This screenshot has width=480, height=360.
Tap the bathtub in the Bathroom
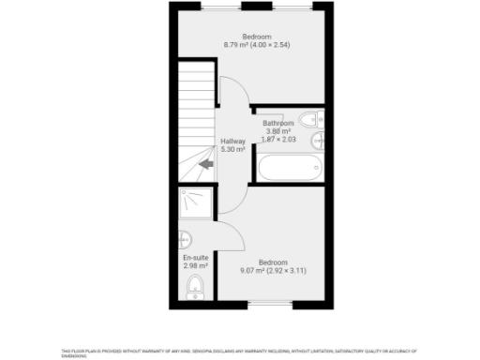pyautogui.click(x=290, y=168)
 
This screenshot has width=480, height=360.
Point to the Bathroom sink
pyautogui.click(x=318, y=140)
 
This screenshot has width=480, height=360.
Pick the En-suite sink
pyautogui.click(x=186, y=237)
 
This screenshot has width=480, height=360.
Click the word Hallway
pyautogui.click(x=232, y=141)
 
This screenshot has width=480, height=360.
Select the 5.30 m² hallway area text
pyautogui.click(x=232, y=149)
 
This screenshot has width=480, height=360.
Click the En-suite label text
pyautogui.click(x=195, y=258)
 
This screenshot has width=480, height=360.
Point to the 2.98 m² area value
pyautogui.click(x=195, y=266)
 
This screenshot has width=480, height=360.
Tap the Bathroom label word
pyautogui.click(x=278, y=123)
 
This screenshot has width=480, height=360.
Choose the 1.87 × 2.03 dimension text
pyautogui.click(x=278, y=140)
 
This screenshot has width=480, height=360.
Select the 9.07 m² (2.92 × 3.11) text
pyautogui.click(x=273, y=271)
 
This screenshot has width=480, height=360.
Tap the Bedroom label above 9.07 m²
pyautogui.click(x=273, y=262)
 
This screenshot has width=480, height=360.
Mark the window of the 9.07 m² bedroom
pyautogui.click(x=272, y=305)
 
